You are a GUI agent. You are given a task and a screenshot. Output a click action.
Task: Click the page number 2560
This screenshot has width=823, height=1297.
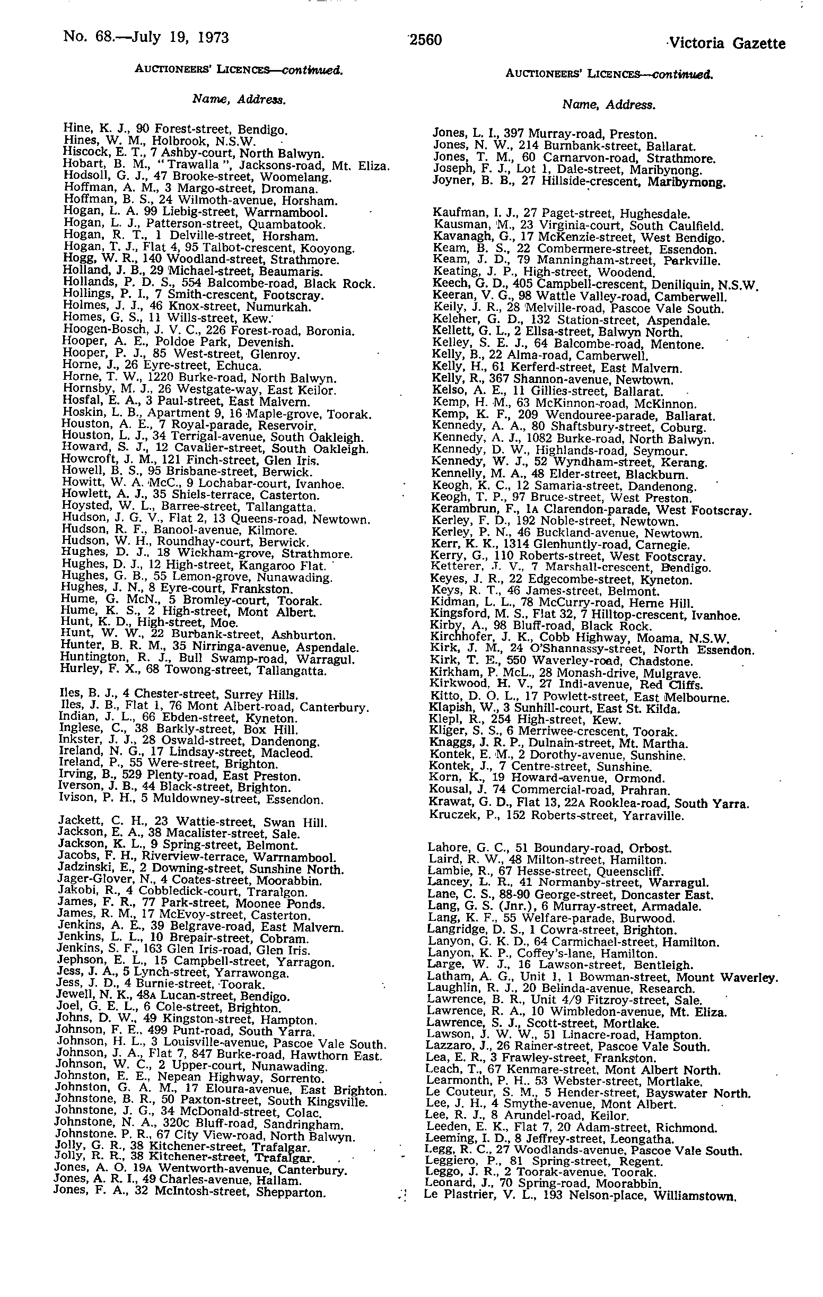425,40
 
